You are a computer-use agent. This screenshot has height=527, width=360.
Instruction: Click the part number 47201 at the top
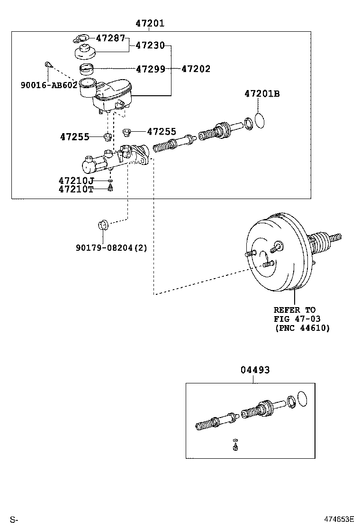150,23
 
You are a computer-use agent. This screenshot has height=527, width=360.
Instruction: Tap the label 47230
150,45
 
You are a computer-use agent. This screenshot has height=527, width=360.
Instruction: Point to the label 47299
150,69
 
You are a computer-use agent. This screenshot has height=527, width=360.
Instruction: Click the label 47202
196,69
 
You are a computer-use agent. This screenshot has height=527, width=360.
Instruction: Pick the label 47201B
262,94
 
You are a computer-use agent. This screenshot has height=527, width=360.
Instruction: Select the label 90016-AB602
49,85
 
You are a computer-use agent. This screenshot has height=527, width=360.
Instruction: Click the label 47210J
76,181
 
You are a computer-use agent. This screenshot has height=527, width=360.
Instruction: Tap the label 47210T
76,189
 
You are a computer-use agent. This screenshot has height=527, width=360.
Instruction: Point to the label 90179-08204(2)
111,247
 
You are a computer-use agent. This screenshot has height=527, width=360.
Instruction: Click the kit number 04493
255,370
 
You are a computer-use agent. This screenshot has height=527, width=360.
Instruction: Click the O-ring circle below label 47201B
260,120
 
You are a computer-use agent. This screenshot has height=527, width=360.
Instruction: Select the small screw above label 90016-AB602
47,64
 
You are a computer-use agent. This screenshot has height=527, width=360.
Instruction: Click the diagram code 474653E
339,519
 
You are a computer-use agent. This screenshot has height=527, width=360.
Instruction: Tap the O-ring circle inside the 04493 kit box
304,399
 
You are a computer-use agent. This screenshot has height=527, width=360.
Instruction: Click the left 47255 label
75,137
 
